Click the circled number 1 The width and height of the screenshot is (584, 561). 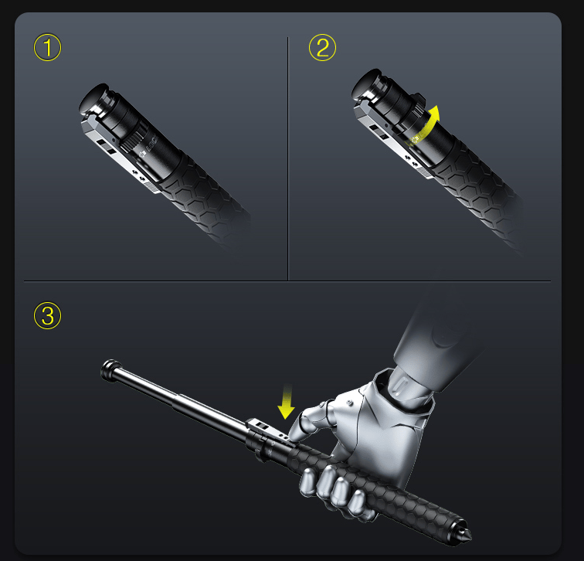tap(47, 48)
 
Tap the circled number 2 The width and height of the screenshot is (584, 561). tap(323, 48)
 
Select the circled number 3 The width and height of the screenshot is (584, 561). tap(47, 315)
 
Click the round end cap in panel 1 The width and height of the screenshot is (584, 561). tap(95, 97)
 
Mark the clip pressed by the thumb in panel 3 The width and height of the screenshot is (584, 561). tap(267, 429)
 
